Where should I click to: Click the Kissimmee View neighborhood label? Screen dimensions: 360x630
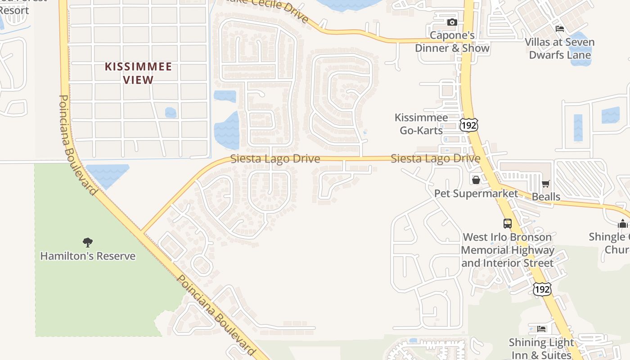138,73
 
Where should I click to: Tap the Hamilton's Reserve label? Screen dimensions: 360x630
88,256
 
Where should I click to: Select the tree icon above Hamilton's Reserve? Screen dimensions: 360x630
88,243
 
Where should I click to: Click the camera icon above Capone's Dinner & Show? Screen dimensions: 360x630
452,22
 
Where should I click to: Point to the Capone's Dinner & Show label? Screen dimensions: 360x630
452,42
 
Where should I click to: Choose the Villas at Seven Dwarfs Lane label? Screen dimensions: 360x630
559,49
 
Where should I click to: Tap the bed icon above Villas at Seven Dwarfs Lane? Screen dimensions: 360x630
560,29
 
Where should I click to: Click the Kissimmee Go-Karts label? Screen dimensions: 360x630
421,124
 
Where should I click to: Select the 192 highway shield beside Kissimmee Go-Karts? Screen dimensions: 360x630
468,125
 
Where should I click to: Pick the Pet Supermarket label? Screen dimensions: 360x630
476,193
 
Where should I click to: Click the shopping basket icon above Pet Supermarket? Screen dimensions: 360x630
476,180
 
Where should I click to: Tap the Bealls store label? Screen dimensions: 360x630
546,197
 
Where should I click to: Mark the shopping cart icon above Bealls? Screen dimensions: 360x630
546,184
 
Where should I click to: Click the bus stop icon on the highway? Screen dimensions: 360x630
507,223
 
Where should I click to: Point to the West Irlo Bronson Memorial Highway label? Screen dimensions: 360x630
507,250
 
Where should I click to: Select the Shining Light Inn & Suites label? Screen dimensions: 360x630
541,349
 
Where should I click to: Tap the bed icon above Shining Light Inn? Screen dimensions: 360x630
541,329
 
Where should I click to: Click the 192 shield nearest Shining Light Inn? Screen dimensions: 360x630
542,289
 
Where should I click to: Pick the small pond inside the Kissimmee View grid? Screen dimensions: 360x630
171,112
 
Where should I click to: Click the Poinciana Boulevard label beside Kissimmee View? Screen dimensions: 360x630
78,144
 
